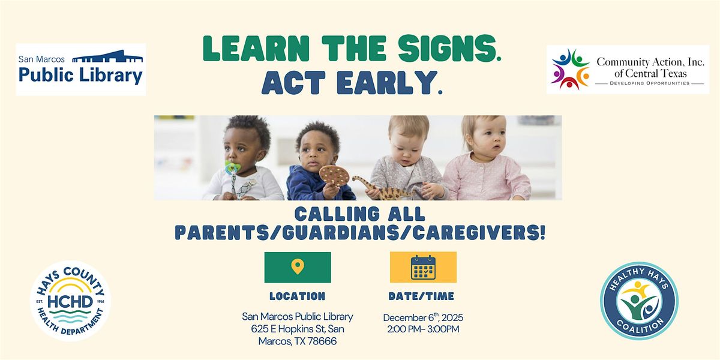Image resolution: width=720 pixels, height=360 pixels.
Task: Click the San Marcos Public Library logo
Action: pyautogui.click(x=81, y=70)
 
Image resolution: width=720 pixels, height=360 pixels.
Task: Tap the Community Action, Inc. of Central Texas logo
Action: pyautogui.click(x=628, y=70)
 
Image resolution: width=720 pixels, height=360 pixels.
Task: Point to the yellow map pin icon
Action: pyautogui.click(x=297, y=266)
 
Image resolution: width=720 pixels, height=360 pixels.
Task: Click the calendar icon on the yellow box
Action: pyautogui.click(x=423, y=267)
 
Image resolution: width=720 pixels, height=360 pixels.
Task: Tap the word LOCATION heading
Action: pyautogui.click(x=297, y=296)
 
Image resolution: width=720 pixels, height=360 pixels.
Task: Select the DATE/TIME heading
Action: pyautogui.click(x=421, y=296)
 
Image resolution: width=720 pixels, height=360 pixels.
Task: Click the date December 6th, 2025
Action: pyautogui.click(x=423, y=317)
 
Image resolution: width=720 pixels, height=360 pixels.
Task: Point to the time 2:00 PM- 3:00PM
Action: pyautogui.click(x=423, y=329)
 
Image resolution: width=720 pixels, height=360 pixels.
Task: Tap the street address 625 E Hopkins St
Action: pyautogui.click(x=289, y=329)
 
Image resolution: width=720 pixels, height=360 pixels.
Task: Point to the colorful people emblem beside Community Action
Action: pyautogui.click(x=570, y=70)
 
